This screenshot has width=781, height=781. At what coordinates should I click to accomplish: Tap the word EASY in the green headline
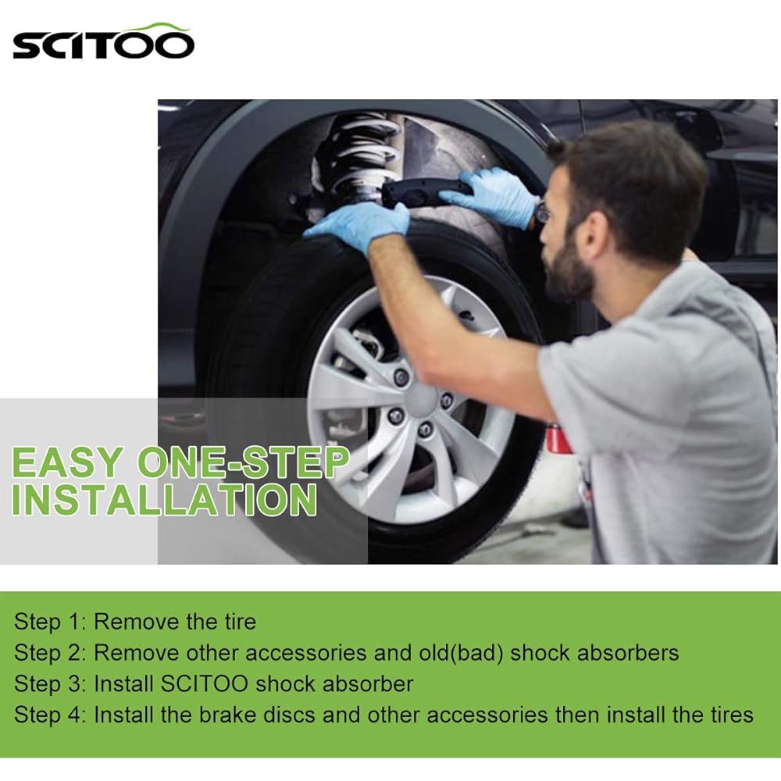click(x=67, y=464)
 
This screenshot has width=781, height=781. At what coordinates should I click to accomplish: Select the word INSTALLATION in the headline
click(x=164, y=501)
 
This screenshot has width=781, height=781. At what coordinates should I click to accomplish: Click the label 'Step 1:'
click(x=50, y=622)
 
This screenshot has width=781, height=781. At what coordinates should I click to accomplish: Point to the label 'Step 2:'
click(x=50, y=653)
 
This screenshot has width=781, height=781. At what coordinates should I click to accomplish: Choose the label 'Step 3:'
click(x=50, y=684)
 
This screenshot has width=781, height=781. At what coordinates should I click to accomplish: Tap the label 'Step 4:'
click(x=50, y=715)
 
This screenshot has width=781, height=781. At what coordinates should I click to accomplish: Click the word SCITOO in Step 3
click(x=205, y=684)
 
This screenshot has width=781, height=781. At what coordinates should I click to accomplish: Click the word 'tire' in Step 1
click(x=233, y=622)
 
